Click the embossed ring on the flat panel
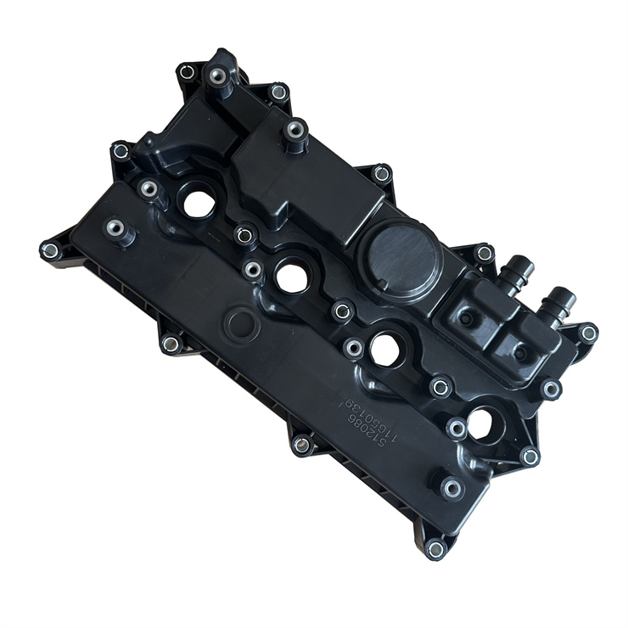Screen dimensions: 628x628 pos(242,322)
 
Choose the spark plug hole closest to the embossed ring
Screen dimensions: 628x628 pos(290,277)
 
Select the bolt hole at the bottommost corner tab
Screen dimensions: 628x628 pos(436,548)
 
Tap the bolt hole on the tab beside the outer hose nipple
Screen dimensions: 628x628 pos(587,334)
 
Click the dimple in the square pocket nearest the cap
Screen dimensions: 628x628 pos(467,318)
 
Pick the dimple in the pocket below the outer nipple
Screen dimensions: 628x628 pos(519,351)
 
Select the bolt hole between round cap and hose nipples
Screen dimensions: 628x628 pos(485,253)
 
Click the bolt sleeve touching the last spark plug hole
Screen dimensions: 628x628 pos(457,429)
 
